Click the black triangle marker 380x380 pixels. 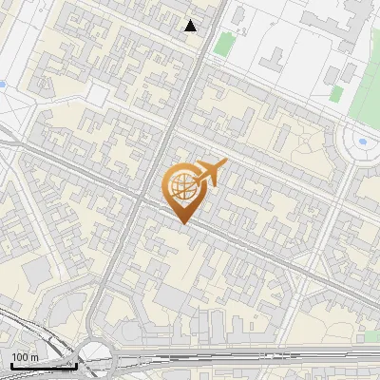[191, 26]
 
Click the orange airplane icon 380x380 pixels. [212, 173]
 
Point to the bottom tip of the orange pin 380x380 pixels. [183, 223]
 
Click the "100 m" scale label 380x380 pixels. [25, 357]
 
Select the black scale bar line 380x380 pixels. [43, 365]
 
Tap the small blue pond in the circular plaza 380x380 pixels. [362, 142]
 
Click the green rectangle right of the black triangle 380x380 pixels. [223, 45]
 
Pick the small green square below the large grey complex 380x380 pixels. [336, 93]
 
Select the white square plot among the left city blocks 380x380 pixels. [97, 94]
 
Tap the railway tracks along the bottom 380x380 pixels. [237, 359]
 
